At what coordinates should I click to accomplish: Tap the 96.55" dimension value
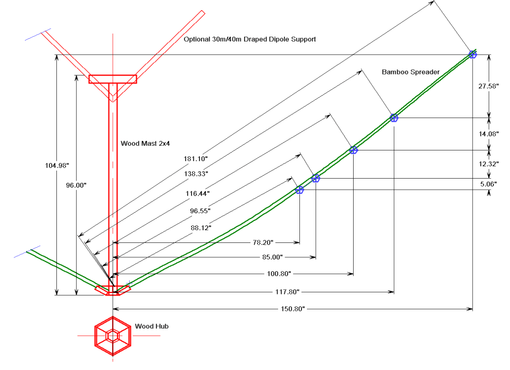click(201, 211)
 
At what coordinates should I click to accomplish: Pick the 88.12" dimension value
click(201, 228)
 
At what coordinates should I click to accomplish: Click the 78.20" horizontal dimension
click(263, 242)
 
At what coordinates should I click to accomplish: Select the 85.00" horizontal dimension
click(267, 258)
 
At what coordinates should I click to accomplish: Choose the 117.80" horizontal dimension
click(285, 291)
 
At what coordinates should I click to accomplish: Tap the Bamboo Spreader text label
click(411, 71)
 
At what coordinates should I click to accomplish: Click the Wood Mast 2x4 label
click(141, 143)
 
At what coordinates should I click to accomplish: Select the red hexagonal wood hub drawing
click(112, 336)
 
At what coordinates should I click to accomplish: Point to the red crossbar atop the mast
click(113, 79)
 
